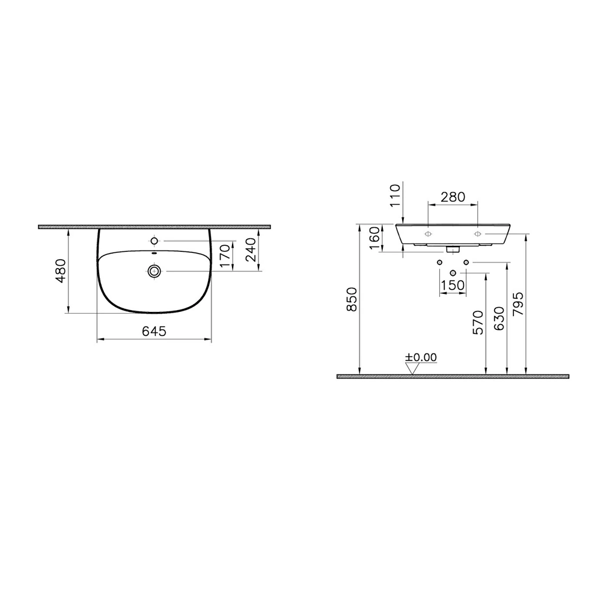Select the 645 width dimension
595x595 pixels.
tap(154, 331)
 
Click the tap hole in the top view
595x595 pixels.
tap(154, 241)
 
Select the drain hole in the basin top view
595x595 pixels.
tap(154, 272)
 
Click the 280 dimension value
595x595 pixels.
tap(453, 196)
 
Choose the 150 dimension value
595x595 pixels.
tap(453, 285)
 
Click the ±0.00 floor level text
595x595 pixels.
tap(420, 357)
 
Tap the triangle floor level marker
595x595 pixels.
tap(412, 368)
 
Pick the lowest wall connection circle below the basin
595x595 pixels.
tap(453, 273)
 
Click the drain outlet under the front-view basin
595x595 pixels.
tap(453, 248)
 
